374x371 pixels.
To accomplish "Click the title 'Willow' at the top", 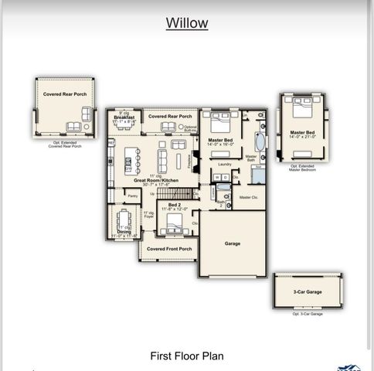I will coord(187,22).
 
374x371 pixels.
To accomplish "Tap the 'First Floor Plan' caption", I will coord(187,356).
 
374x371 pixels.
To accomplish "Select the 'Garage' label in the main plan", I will coord(233,243).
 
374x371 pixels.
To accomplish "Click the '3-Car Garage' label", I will coord(307,292).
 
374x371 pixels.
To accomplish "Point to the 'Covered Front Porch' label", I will coord(169,249).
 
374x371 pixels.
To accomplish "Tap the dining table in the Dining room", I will coord(123,218).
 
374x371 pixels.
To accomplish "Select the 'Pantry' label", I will coord(133,196).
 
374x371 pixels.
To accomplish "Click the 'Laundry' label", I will coord(225,164).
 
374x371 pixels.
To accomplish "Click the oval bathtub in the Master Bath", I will coord(259,142).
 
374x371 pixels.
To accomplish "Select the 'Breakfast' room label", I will coord(124,117).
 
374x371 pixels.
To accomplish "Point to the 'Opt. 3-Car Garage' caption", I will coord(307,314).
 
